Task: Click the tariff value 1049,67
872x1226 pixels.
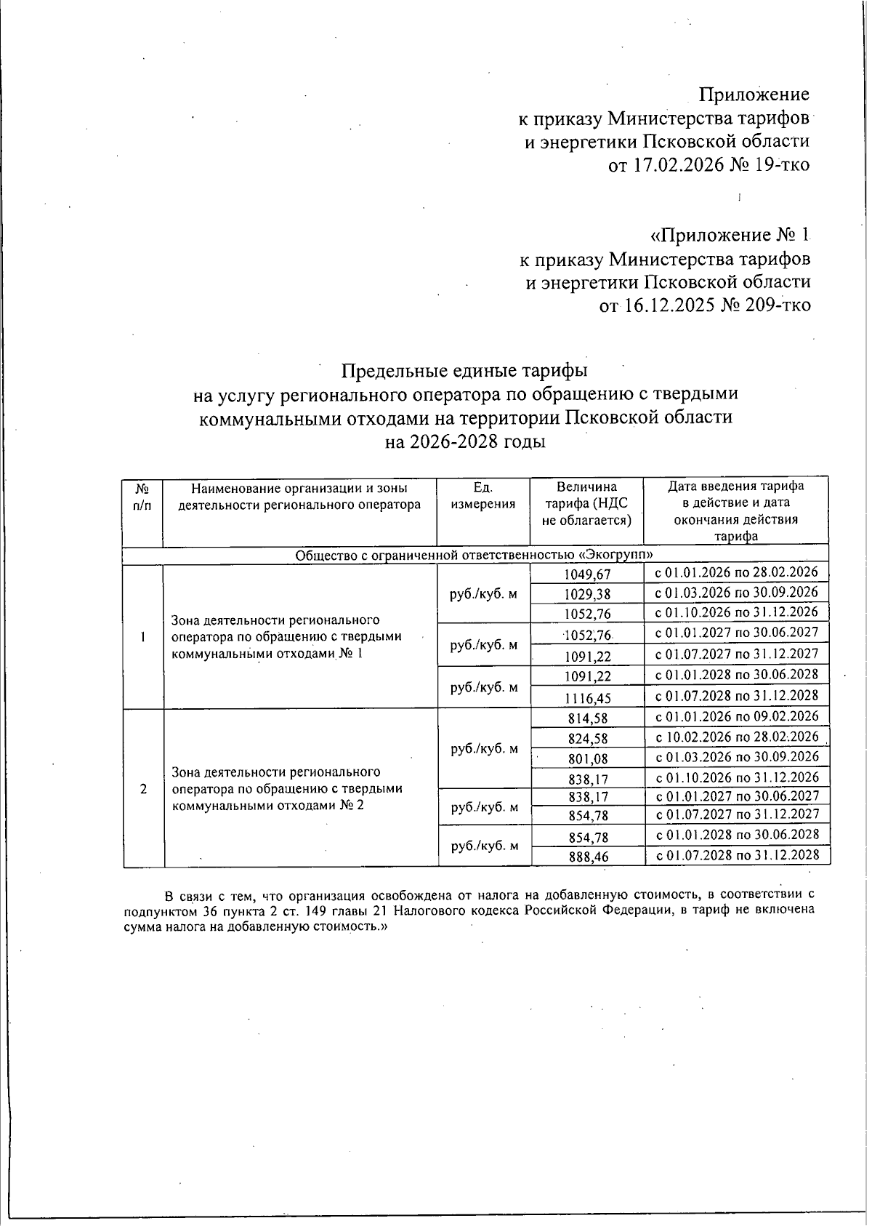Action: point(587,574)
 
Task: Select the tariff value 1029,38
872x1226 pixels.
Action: point(587,594)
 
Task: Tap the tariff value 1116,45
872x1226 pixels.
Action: point(587,698)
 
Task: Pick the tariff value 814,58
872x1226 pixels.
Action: point(587,718)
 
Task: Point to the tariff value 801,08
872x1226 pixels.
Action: point(587,758)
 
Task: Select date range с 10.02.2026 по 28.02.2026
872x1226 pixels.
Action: point(737,737)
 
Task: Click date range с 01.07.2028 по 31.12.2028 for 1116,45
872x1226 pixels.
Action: point(737,696)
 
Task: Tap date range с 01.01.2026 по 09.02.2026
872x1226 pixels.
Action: point(737,716)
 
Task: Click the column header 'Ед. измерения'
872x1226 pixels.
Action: point(483,496)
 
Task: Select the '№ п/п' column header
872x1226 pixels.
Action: point(142,497)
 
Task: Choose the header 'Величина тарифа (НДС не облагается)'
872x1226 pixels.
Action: point(586,504)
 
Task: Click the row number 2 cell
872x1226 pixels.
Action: point(143,789)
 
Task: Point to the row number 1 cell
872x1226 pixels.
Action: point(143,637)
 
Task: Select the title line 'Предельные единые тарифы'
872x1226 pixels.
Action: point(464,371)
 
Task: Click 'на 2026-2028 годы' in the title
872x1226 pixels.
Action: point(465,442)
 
